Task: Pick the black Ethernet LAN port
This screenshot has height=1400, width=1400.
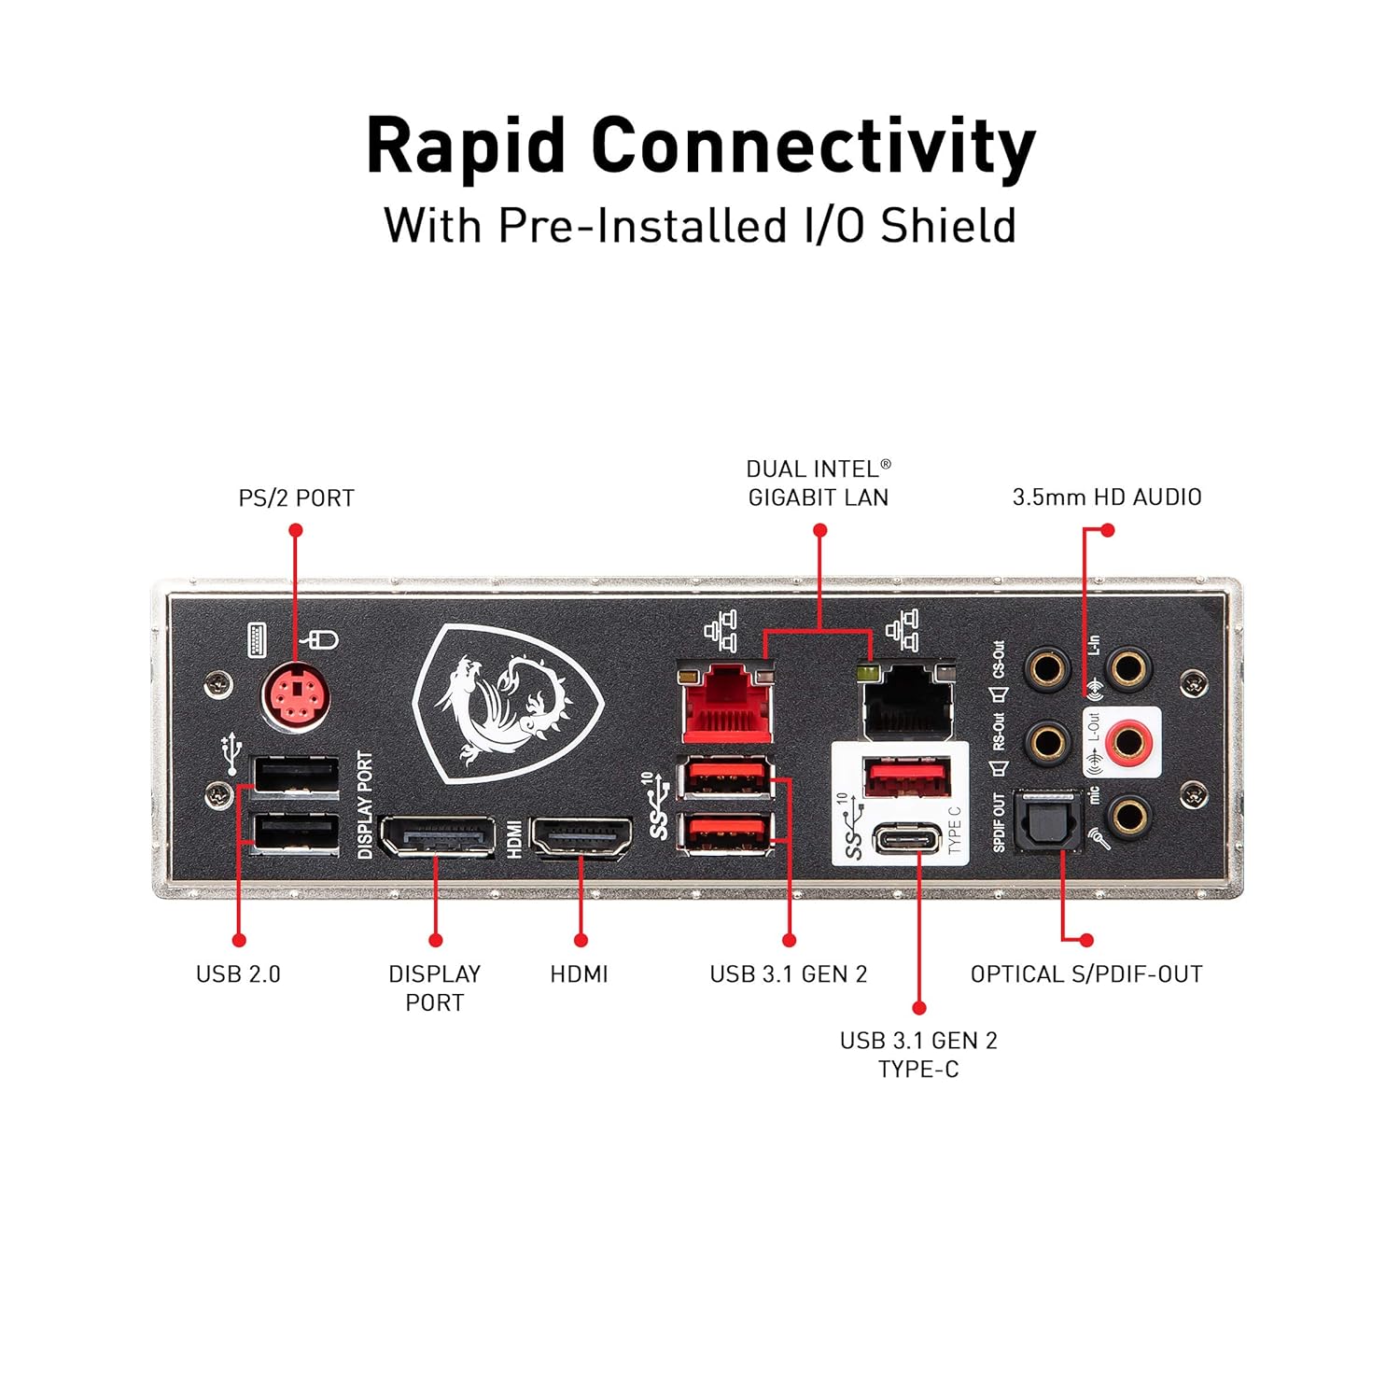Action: coord(908,702)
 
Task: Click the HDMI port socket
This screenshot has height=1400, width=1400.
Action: coord(581,836)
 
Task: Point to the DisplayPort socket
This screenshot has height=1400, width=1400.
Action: coord(437,836)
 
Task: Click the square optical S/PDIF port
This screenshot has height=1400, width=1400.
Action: coord(1047,819)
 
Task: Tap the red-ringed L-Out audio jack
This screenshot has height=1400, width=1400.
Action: coord(1128,743)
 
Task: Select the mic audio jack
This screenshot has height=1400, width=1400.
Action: coord(1128,816)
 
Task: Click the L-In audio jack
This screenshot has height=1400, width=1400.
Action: coord(1128,669)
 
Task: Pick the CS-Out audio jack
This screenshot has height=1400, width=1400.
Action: coord(1047,669)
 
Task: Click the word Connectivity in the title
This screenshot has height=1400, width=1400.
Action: coord(813,147)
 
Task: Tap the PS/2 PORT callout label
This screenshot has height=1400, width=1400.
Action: coord(296,498)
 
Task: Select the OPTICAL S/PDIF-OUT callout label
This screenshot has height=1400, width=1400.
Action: coord(1086,974)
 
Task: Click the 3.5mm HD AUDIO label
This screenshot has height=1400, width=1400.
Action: coord(1107,497)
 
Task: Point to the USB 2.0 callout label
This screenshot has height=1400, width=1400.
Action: coord(238,974)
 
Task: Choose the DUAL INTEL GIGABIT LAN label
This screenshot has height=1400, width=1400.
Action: coord(819,483)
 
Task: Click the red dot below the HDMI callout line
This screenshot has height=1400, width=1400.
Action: coord(581,940)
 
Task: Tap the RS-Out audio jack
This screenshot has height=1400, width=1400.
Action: coord(1047,743)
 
